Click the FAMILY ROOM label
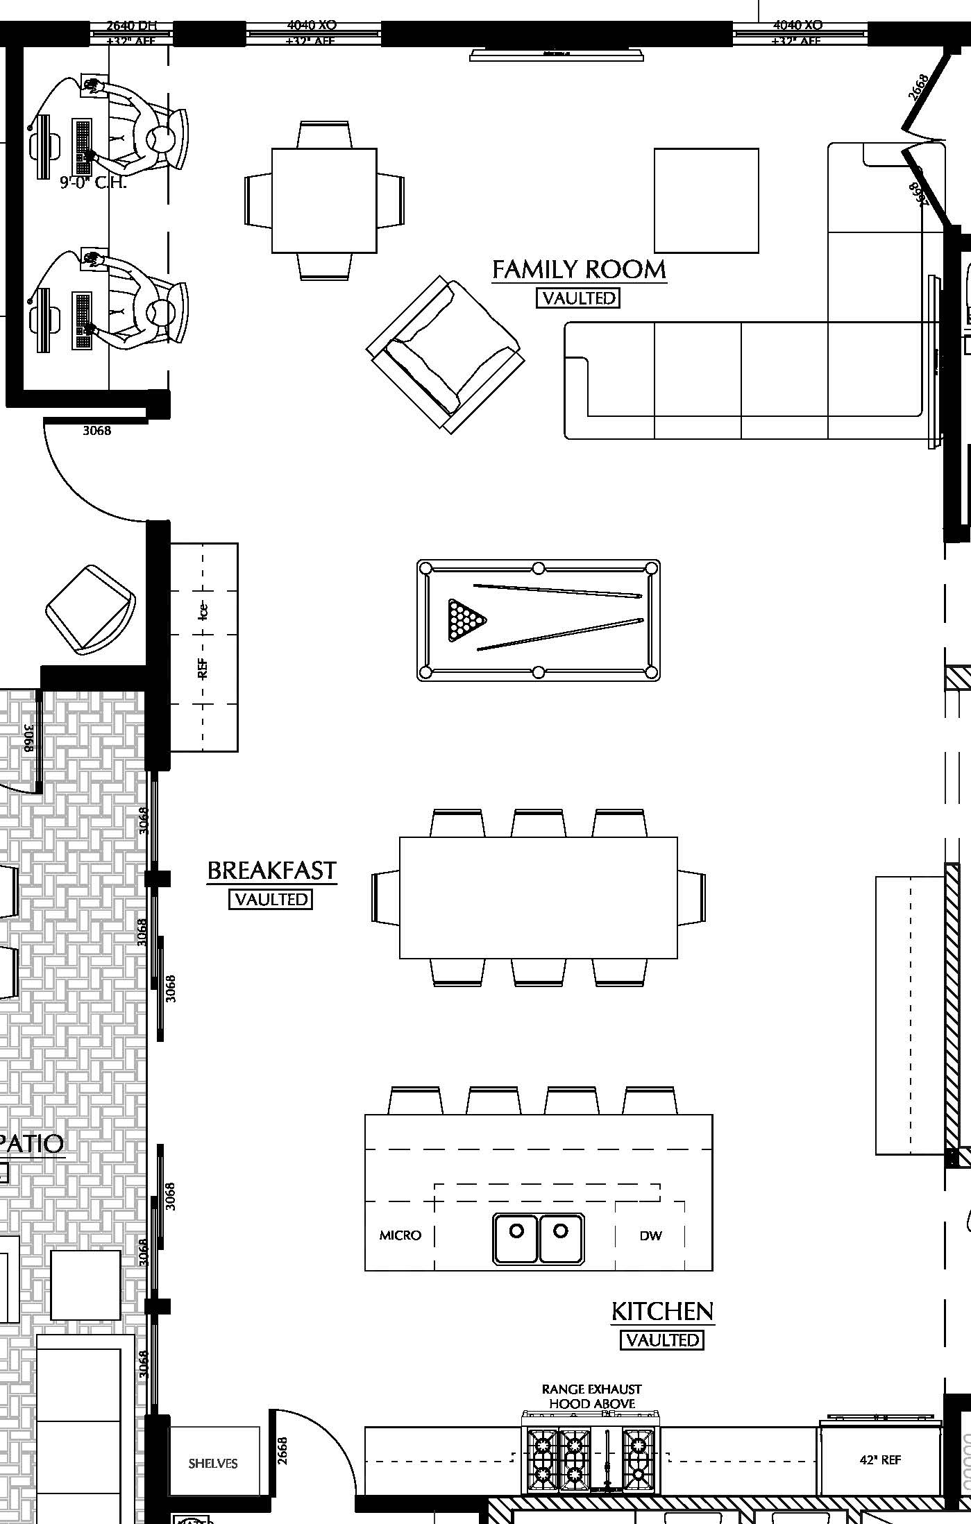[x=579, y=269]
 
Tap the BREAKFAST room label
[x=271, y=870]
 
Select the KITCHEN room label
[x=662, y=1311]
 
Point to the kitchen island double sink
[x=538, y=1238]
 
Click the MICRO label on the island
[x=400, y=1235]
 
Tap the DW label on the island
[x=650, y=1235]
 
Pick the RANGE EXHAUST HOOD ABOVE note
[x=591, y=1396]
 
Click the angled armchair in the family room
[x=445, y=354]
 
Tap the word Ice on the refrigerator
[x=203, y=610]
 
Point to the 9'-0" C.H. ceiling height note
[x=93, y=182]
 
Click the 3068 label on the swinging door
[x=96, y=430]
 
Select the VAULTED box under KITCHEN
[x=661, y=1340]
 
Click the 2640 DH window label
[x=131, y=26]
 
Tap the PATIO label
[x=32, y=1144]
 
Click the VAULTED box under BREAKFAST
[x=271, y=899]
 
